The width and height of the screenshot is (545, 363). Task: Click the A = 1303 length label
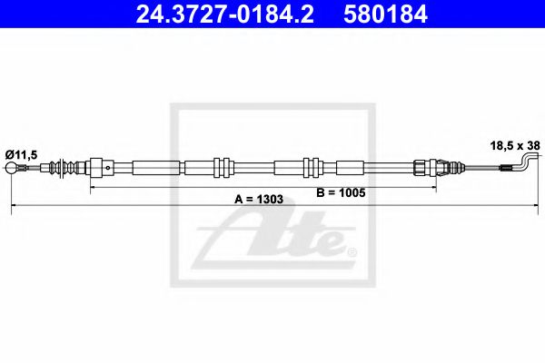coord(260,200)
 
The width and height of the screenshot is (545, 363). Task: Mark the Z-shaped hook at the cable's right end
coord(528,163)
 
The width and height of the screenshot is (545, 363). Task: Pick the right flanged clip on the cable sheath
coord(310,167)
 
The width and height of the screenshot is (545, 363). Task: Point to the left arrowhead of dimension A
coord(14,209)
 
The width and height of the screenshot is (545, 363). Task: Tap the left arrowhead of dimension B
coord(91,189)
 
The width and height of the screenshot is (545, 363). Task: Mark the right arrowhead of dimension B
coord(433,189)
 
